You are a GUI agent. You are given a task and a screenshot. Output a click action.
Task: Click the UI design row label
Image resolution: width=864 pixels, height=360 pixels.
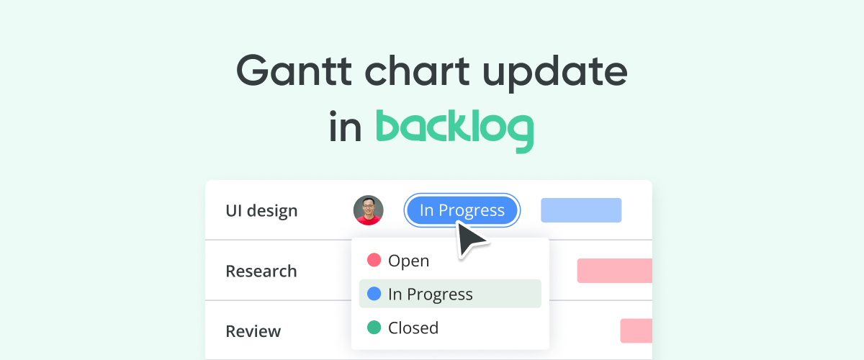point(261,211)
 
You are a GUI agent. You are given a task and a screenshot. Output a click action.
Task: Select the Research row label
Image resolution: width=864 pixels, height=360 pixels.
point(261,271)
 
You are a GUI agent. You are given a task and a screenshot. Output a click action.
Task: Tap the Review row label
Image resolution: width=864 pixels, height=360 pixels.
point(253,332)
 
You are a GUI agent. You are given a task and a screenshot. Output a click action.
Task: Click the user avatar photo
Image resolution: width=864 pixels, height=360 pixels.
point(369,210)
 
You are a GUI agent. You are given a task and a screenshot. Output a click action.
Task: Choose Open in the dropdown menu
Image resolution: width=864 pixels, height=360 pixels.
point(408,261)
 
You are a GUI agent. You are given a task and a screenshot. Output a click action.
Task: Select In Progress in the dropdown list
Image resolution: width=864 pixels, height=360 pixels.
point(430,294)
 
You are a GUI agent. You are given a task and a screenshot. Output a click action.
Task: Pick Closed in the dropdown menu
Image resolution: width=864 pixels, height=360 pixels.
point(413,328)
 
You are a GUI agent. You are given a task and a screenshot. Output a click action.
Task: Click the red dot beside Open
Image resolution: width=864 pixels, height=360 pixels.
point(374,260)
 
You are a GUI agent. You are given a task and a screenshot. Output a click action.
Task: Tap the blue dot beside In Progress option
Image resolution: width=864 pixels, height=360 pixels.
point(374,294)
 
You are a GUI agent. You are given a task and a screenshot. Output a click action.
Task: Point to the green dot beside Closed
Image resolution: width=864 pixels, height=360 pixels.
point(374,328)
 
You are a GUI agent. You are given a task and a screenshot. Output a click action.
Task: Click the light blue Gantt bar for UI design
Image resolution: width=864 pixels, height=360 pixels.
point(581,210)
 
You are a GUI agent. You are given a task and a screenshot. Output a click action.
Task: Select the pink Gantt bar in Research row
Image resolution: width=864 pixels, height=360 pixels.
point(614,271)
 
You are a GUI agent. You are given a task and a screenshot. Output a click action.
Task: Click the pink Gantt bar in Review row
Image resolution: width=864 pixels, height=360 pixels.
point(636,331)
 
